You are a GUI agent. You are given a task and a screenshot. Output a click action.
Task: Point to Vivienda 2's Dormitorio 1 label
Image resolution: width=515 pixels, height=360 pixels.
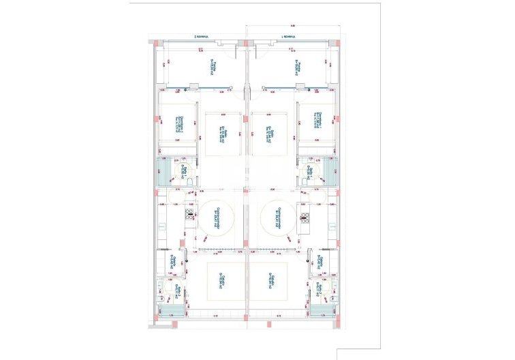pyautogui.click(x=178, y=123)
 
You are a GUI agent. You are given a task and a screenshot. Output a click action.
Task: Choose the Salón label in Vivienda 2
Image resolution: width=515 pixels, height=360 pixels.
pyautogui.click(x=221, y=134)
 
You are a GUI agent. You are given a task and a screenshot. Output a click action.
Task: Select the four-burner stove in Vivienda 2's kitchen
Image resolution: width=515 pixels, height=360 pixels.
pyautogui.click(x=189, y=217)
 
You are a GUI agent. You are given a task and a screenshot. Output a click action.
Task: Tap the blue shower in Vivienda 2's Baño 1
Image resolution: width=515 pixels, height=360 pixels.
pyautogui.click(x=165, y=170)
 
